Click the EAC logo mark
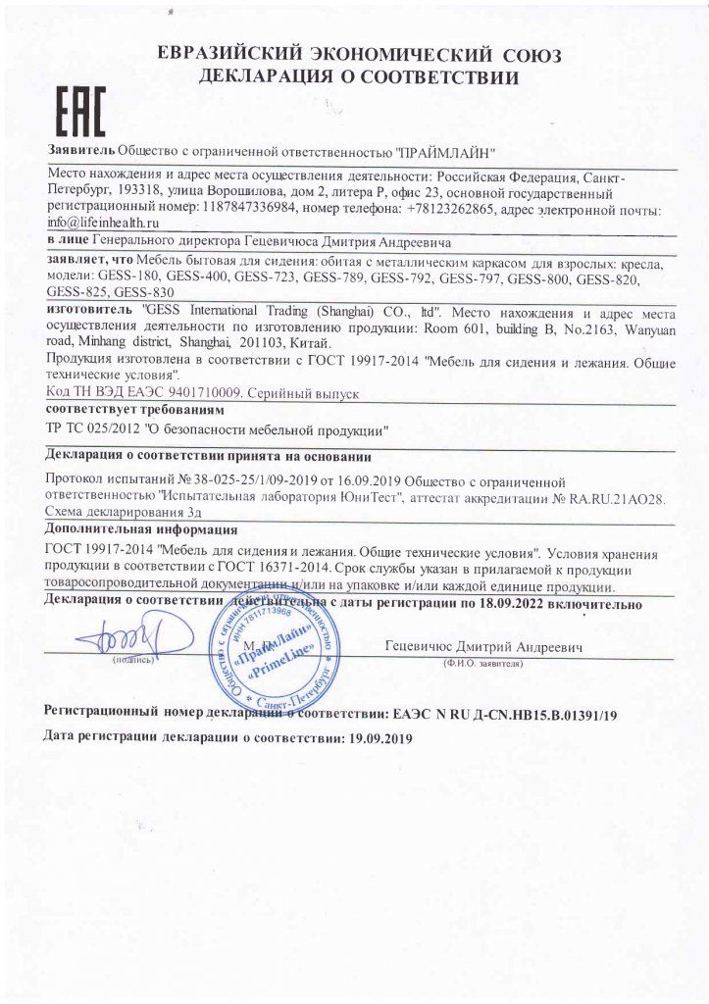[x=77, y=112]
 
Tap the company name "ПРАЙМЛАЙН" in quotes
[x=446, y=152]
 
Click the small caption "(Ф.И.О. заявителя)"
[x=484, y=663]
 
